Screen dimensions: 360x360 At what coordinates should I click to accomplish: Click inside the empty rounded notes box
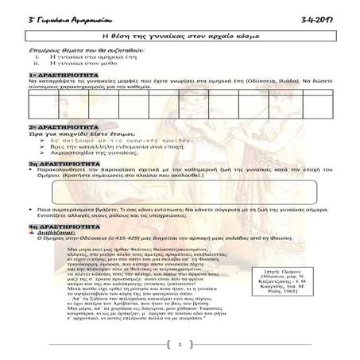(180, 193)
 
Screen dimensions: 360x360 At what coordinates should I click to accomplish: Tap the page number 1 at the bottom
(180, 344)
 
